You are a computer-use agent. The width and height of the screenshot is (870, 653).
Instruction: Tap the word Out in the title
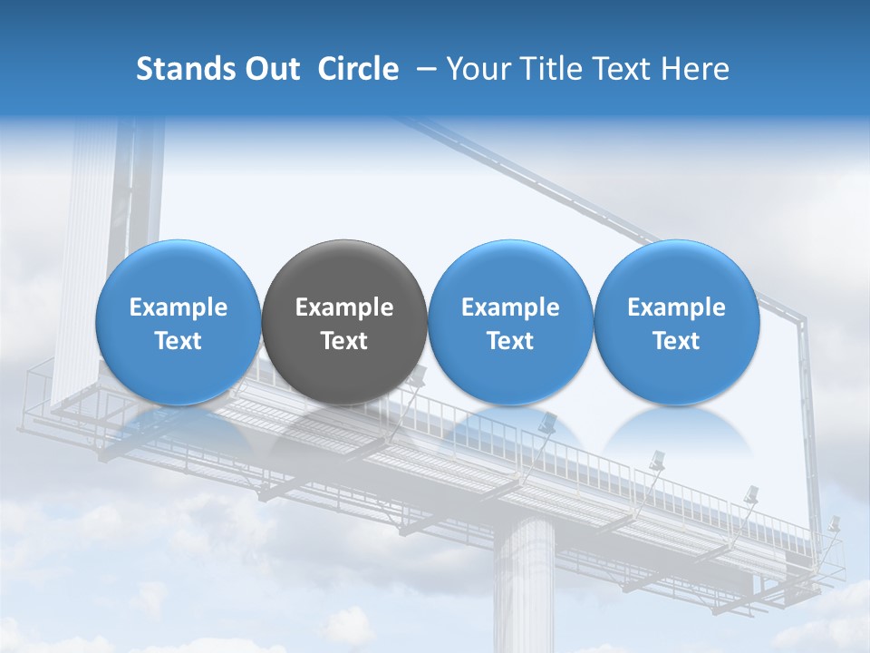(x=270, y=69)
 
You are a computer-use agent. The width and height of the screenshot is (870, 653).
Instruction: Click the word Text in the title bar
(x=623, y=69)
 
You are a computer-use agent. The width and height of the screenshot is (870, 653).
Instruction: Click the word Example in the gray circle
(x=344, y=307)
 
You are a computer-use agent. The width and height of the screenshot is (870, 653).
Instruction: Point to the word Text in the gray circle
(x=344, y=341)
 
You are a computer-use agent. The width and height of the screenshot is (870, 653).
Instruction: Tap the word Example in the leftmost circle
(x=178, y=307)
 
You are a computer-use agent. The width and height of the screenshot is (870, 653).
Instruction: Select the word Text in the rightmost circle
(x=676, y=341)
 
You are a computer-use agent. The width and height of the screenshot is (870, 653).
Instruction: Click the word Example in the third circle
(x=510, y=307)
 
